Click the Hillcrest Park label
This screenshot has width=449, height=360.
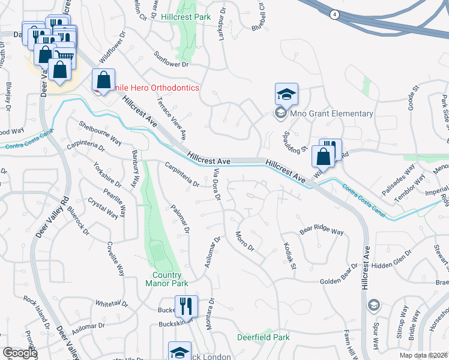point(186,17)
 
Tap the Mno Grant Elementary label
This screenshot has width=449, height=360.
point(331,113)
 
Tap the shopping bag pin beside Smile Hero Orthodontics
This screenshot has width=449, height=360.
point(103,80)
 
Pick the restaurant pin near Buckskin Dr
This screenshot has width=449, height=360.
point(186,307)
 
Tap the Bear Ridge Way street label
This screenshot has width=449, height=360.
point(321,231)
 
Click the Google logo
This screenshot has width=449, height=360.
point(20,353)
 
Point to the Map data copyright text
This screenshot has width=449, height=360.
point(423,355)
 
